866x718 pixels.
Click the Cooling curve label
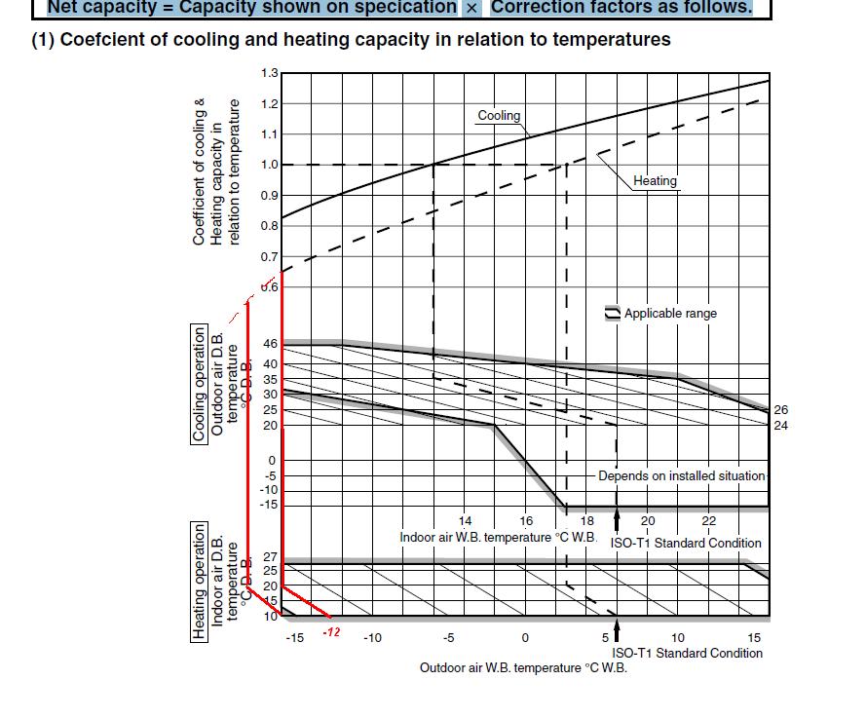click(x=499, y=115)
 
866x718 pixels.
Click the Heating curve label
click(x=655, y=180)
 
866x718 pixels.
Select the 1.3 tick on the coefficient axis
click(x=270, y=73)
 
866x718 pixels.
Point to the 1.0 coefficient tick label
click(x=270, y=165)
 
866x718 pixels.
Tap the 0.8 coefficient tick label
click(x=270, y=226)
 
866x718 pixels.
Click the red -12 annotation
click(x=331, y=632)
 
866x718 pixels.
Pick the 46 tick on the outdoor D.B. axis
click(x=270, y=344)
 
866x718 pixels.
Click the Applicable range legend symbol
click(x=613, y=313)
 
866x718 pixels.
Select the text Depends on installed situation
click(x=681, y=475)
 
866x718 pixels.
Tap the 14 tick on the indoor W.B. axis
click(x=466, y=521)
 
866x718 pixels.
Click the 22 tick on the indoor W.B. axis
click(x=709, y=521)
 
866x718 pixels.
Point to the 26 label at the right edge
click(x=781, y=410)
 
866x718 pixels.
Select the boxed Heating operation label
click(x=200, y=582)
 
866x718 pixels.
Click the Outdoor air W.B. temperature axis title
click(x=523, y=667)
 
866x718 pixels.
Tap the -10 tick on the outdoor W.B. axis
click(x=372, y=638)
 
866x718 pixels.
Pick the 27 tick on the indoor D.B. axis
click(x=270, y=557)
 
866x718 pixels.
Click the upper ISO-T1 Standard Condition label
click(x=686, y=543)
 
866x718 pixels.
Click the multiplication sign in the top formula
click(x=471, y=8)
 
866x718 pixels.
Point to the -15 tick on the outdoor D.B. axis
click(x=268, y=505)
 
